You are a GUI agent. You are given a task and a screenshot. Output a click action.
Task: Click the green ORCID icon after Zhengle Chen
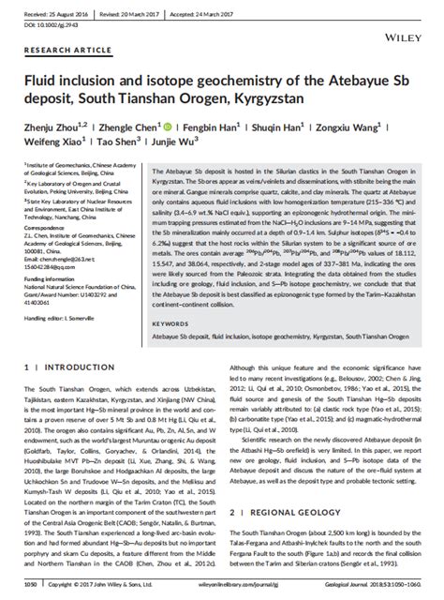tap(166, 127)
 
